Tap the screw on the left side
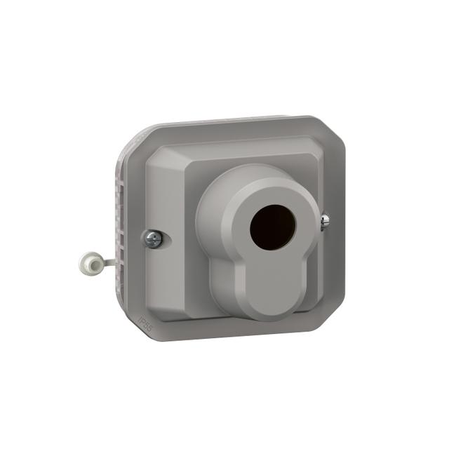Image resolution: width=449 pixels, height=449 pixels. pos(154,239)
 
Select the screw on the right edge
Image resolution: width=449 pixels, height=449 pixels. pos(324,222)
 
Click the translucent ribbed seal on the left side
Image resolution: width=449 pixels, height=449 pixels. pos(121,224)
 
